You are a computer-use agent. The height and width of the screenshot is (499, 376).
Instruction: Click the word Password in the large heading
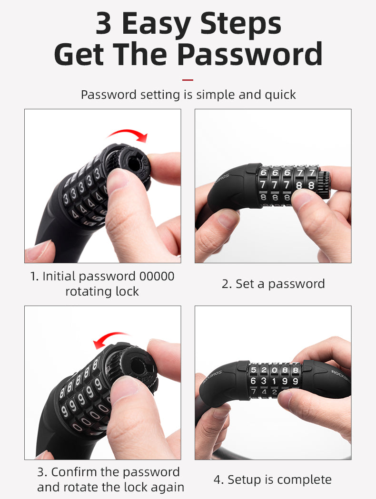pos(249,54)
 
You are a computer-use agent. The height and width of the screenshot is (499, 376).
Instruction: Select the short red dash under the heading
pos(188,80)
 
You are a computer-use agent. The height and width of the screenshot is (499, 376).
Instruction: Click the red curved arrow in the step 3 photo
pos(111,340)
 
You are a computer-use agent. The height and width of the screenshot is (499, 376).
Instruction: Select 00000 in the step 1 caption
pos(157,276)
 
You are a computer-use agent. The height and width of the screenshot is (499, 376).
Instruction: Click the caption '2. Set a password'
pos(273,284)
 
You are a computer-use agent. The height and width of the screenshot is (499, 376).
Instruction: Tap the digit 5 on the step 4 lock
pos(254,370)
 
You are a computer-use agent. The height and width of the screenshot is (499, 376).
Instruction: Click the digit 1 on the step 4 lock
pos(274,381)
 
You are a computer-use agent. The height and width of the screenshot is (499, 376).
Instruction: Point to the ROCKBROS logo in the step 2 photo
pos(220,179)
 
